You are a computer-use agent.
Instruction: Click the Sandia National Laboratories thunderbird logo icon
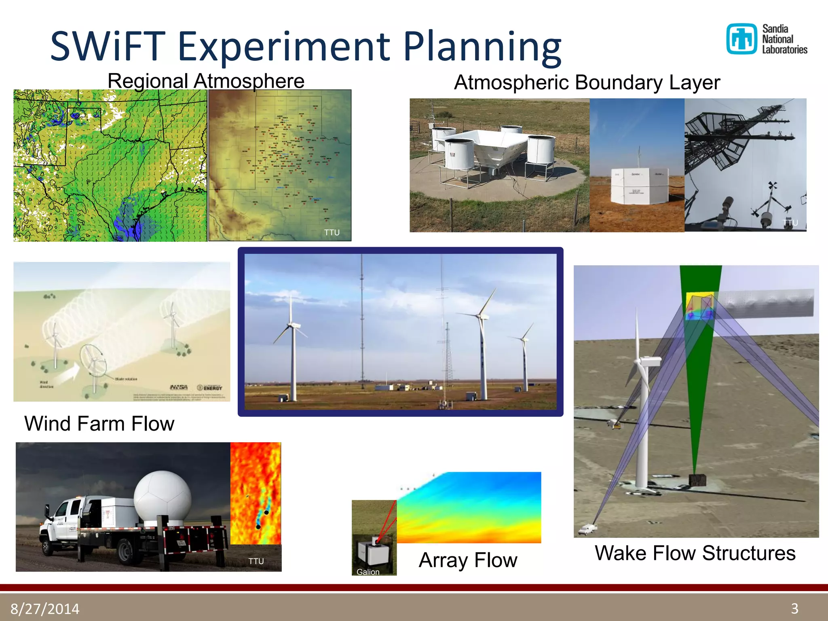coord(741,39)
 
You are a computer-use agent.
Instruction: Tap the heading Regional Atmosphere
coord(206,81)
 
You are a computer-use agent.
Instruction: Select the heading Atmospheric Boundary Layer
coord(587,82)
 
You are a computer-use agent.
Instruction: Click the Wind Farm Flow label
coord(99,424)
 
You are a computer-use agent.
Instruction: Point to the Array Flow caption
coord(468,560)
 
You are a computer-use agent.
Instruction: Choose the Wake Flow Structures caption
coord(695,553)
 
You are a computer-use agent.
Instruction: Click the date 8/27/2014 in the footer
coord(45,608)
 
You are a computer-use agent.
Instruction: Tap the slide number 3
coord(794,608)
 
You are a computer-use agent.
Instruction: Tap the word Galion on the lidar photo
coord(368,572)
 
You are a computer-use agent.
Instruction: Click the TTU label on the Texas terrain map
coord(332,232)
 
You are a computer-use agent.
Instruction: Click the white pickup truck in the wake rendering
coord(587,528)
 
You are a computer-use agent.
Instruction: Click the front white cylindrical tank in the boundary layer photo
coord(460,154)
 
